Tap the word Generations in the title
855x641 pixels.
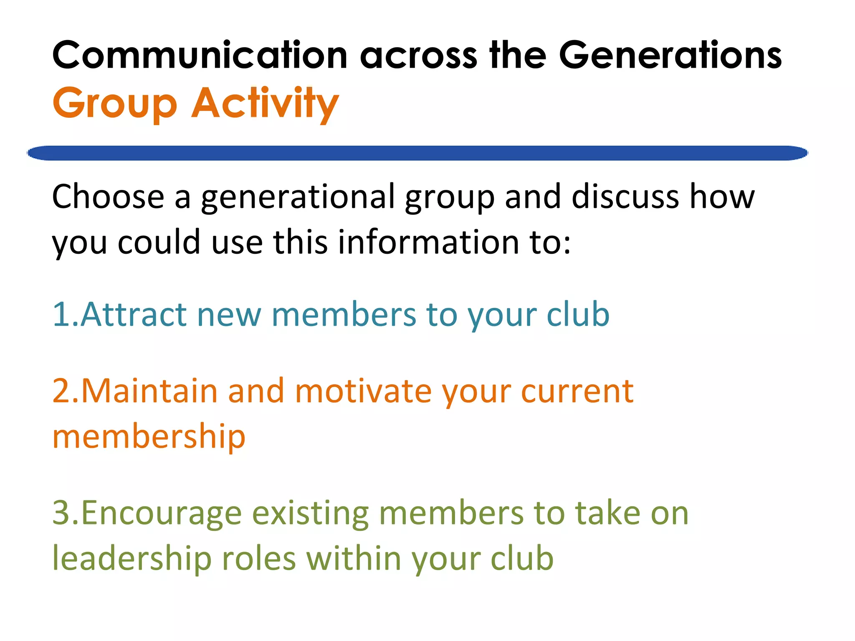tap(670, 56)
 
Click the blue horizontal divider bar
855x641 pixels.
tap(417, 153)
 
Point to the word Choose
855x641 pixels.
tap(108, 197)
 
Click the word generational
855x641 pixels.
tap(298, 197)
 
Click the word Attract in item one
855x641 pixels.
tap(134, 314)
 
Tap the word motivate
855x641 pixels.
tap(363, 391)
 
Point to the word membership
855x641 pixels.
tap(149, 437)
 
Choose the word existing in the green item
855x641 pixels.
tap(311, 514)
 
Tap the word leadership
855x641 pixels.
tap(132, 558)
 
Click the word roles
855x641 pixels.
tap(259, 558)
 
